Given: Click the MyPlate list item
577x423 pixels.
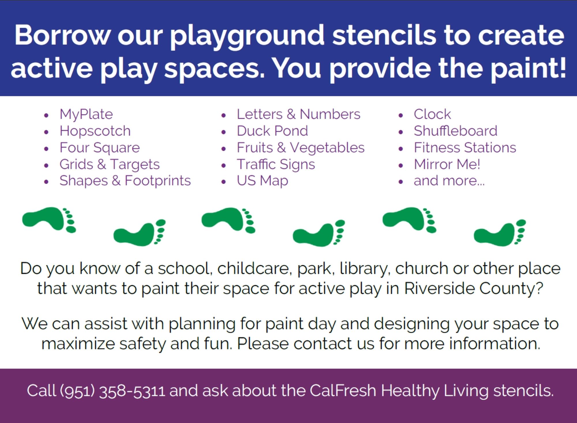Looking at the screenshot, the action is click(86, 114).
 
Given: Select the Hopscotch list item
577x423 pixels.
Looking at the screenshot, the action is click(95, 131).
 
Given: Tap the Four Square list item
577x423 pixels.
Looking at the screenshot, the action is click(100, 148).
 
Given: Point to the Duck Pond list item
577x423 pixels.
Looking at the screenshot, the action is click(272, 131).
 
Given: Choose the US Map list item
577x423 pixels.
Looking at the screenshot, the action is click(263, 181).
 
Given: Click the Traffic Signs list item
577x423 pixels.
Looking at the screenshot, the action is click(276, 164).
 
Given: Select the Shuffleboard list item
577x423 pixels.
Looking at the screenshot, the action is click(456, 131).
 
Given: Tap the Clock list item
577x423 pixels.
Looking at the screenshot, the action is click(432, 114).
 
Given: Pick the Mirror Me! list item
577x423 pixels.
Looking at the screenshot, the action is click(447, 164).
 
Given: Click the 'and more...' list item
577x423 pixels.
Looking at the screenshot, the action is click(449, 181).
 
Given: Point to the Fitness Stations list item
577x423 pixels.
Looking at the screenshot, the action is click(465, 148).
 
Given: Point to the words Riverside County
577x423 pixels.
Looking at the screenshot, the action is click(473, 288).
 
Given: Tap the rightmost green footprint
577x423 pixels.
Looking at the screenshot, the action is click(500, 233).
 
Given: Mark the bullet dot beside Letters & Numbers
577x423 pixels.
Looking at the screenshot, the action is click(224, 115).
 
